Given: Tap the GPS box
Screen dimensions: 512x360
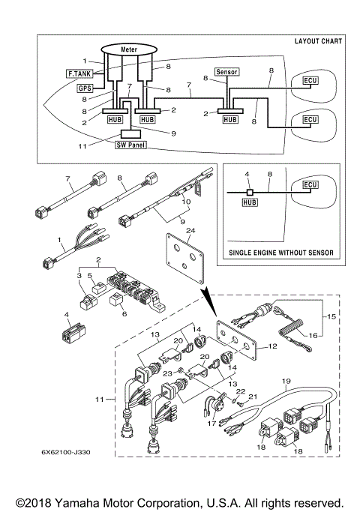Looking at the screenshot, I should click(x=85, y=88).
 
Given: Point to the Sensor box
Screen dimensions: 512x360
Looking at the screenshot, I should click(x=226, y=72).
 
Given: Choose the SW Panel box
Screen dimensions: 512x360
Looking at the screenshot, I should click(x=130, y=144).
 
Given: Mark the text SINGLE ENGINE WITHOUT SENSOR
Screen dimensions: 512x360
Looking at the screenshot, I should click(x=281, y=253).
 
